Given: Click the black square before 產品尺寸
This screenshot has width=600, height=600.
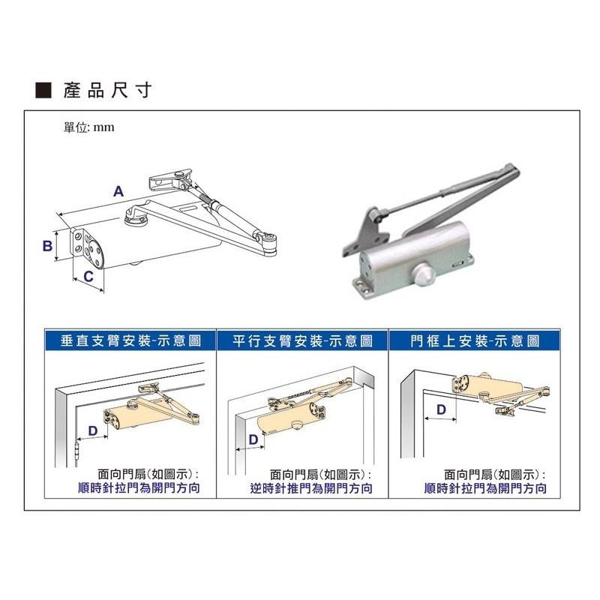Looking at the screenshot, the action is [43, 90].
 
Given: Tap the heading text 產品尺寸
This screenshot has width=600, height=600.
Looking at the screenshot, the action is [107, 90].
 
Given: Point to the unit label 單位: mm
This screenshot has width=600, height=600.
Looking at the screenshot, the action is [88, 127].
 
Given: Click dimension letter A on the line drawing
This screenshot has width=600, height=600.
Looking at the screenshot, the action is [118, 191].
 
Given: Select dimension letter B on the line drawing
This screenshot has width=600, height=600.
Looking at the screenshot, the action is [47, 245].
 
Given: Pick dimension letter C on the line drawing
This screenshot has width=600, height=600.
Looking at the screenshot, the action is [88, 276].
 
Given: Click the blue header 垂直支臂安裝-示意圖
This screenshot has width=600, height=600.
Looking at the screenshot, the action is [130, 340].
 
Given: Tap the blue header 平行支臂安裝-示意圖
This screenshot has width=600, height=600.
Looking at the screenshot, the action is [302, 340].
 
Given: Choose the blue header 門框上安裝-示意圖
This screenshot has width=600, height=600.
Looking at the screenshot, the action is [475, 340].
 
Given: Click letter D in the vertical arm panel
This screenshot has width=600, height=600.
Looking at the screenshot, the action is [93, 430].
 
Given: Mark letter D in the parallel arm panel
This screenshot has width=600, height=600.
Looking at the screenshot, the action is [253, 439].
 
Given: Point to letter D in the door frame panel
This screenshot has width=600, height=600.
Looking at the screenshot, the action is [441, 409].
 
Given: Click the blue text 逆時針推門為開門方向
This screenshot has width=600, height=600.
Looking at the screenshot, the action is [311, 488].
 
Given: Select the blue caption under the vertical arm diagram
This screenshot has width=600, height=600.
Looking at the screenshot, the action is [139, 488].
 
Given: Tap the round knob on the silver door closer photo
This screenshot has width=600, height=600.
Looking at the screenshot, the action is [424, 274].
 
